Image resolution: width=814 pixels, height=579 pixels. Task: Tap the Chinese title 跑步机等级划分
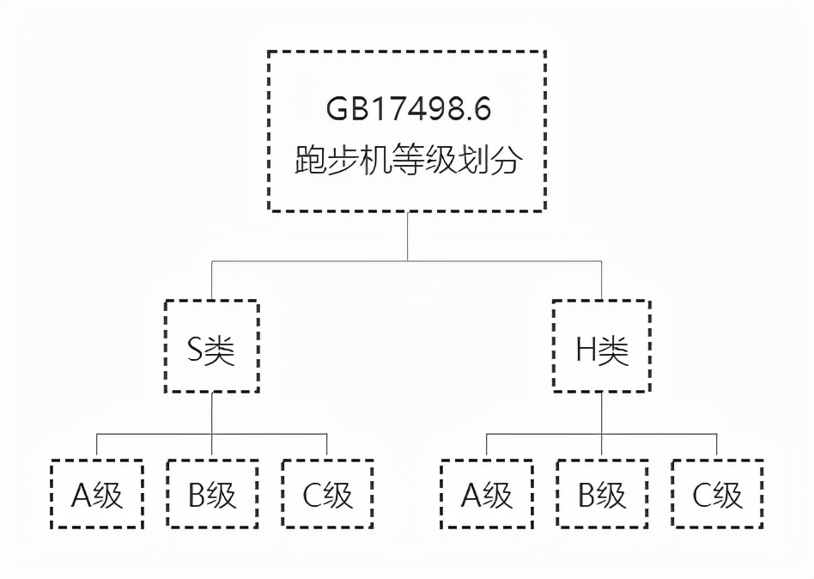pos(407,161)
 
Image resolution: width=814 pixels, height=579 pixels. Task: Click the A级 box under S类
pos(96,495)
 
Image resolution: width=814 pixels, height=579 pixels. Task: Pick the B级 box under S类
pos(212,495)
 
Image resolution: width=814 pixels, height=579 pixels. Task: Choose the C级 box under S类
pos(327,495)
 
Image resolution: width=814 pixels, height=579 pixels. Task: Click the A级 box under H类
pos(486,495)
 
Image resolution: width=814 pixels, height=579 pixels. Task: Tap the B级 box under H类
pos(601,495)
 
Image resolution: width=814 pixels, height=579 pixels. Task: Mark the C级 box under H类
pos(717,495)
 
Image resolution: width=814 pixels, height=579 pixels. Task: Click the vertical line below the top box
pos(407,235)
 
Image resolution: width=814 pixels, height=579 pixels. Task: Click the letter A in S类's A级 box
pos(82,496)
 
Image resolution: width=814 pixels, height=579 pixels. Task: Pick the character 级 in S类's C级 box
pos(339,496)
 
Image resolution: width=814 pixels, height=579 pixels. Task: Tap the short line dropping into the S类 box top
pos(212,280)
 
